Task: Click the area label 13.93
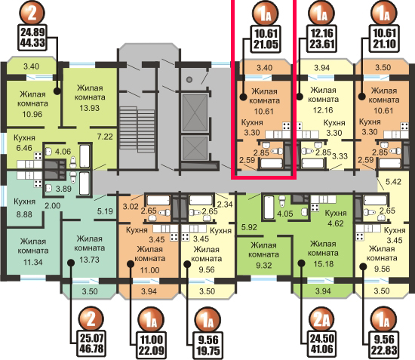(x=90, y=108)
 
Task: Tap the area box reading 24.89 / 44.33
(x=32, y=38)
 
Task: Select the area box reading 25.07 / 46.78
(x=92, y=343)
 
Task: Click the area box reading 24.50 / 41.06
(x=322, y=343)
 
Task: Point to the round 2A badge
(x=321, y=320)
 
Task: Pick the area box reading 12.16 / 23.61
(x=322, y=38)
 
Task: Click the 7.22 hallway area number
(x=105, y=137)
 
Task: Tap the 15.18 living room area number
(x=324, y=264)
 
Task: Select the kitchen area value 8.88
(x=24, y=214)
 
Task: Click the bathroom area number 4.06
(x=63, y=152)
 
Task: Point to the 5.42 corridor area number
(x=393, y=182)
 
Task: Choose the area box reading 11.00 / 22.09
(x=151, y=345)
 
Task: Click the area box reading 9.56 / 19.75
(x=208, y=345)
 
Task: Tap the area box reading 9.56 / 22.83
(x=384, y=344)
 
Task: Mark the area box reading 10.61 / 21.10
(x=384, y=38)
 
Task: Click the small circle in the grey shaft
(x=189, y=79)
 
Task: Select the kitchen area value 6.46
(x=24, y=148)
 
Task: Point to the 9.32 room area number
(x=263, y=265)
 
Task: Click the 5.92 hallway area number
(x=249, y=227)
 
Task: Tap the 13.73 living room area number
(x=90, y=260)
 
